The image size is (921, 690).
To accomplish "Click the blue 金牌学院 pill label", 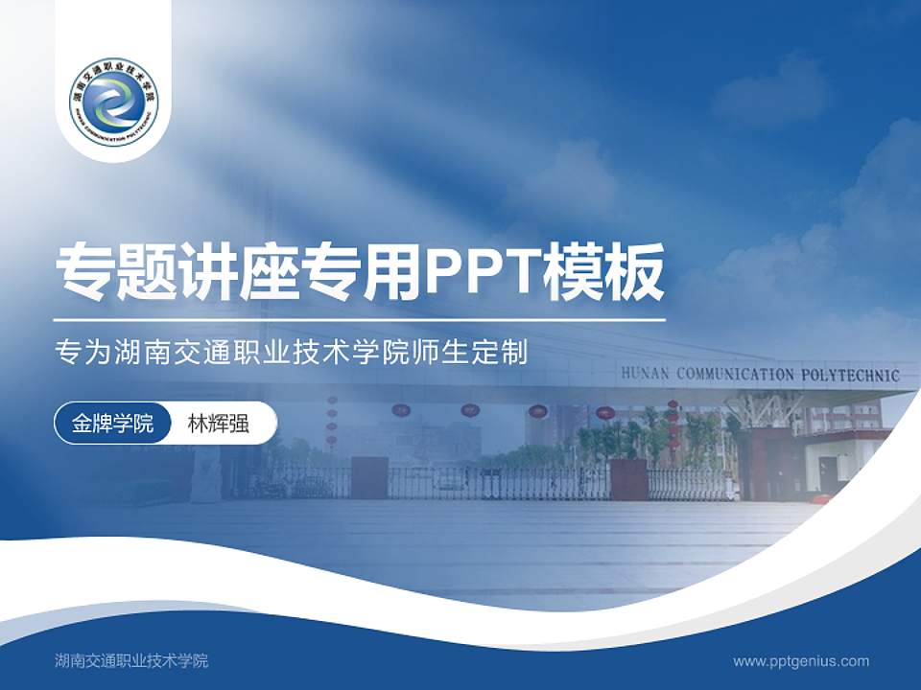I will click(113, 424).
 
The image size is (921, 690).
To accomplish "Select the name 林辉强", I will click(218, 424).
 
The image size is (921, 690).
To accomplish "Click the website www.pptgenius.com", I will click(801, 660).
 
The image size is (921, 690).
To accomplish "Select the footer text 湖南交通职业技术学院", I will click(131, 660).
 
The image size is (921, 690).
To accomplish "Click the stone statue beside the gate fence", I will click(205, 474).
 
